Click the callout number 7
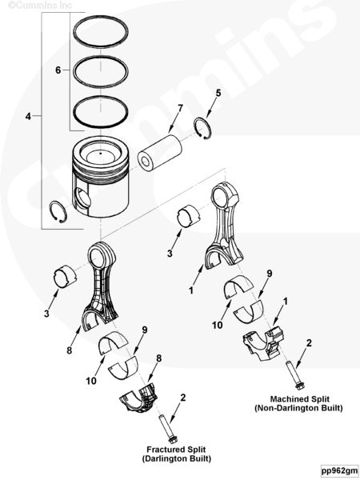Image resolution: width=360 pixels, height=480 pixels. (x=180, y=108)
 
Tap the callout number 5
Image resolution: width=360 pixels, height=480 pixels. (x=218, y=93)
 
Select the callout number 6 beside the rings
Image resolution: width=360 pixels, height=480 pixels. (x=58, y=70)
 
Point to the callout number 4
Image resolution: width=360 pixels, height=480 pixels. (x=28, y=116)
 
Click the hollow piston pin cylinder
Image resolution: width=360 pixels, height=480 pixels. (x=159, y=152)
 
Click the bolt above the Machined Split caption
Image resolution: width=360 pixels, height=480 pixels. (x=294, y=376)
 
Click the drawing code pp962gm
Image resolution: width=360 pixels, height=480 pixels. (x=339, y=470)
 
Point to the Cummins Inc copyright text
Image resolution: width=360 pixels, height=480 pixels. (x=40, y=6)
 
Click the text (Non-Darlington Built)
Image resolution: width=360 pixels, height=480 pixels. (x=298, y=408)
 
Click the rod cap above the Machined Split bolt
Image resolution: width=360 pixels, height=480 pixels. (x=264, y=344)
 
